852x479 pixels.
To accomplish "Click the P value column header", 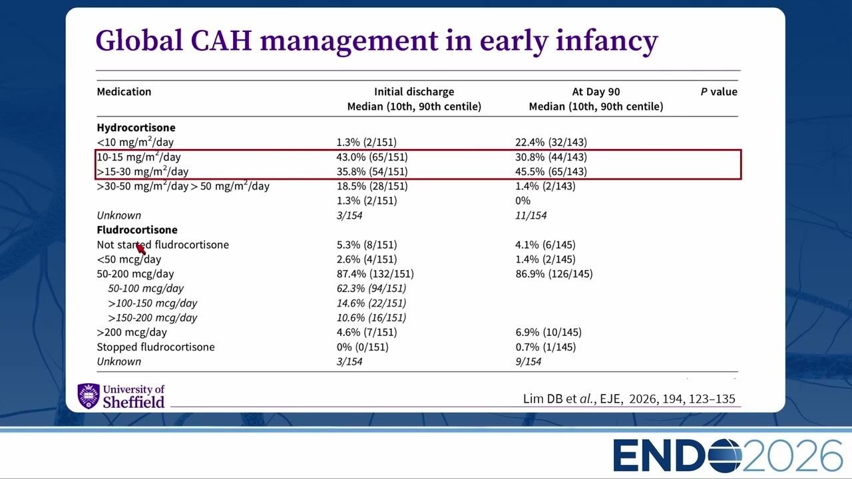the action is point(719,92).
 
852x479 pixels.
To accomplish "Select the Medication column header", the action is point(124,92).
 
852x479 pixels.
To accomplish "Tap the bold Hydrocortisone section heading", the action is point(136,127).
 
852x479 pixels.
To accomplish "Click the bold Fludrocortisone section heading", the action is point(137,230).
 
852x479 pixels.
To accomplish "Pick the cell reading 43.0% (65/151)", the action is point(372,156).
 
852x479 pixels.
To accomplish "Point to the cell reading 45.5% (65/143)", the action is point(551,172).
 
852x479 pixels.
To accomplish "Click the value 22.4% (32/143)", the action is point(551,142).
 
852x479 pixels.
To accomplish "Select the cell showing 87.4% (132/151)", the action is point(375,273).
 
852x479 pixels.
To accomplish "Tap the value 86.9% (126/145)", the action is point(554,273).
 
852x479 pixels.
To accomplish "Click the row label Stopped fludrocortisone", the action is point(156,347).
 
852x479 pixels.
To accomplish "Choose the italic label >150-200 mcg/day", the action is point(152,318).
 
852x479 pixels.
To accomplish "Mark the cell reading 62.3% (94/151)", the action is point(371,289).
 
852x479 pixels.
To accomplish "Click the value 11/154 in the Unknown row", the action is point(531,216).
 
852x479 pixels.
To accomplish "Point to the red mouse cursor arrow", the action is point(140,249).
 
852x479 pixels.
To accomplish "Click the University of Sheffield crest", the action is point(89,396).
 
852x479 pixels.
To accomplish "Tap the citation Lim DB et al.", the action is point(558,399).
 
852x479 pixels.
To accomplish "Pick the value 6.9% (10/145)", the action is point(548,332).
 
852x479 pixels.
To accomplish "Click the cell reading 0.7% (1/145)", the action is point(545,347).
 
